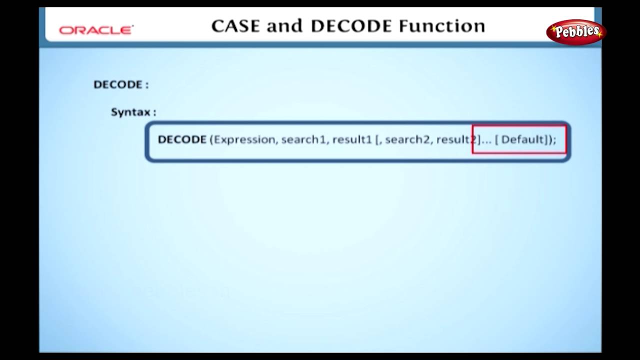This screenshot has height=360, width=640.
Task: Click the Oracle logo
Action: point(96,30)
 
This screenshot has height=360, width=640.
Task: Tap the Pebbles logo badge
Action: point(576,32)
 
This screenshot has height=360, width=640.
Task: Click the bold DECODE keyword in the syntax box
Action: point(182,139)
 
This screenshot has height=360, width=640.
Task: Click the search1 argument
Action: point(303,139)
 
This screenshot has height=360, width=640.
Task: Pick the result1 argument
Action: point(352,139)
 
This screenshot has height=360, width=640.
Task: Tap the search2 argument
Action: point(407,139)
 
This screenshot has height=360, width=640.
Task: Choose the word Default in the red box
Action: point(522,139)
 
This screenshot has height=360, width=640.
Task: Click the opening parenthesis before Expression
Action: point(211,139)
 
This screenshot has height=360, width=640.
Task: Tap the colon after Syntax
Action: point(154,112)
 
